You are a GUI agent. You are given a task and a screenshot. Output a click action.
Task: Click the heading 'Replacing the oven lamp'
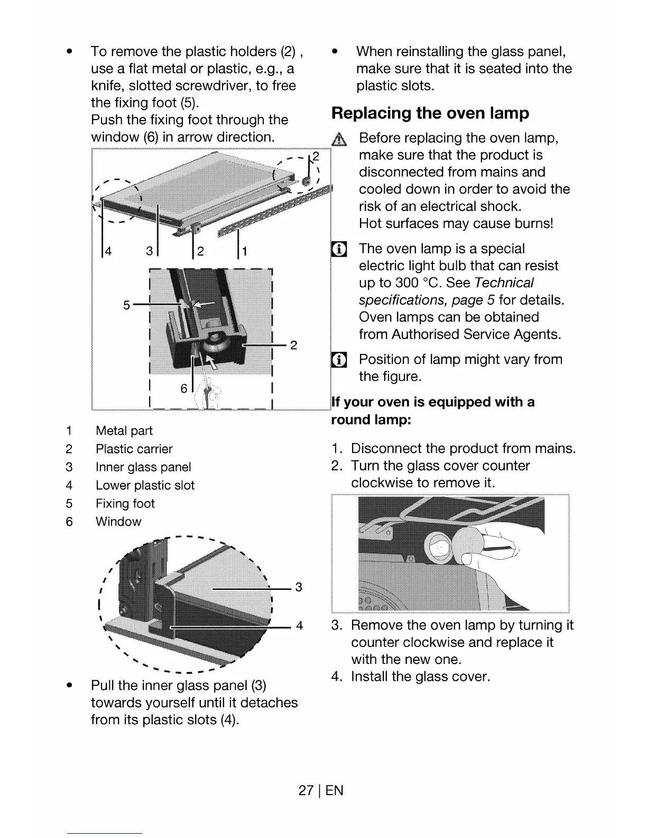tap(430, 113)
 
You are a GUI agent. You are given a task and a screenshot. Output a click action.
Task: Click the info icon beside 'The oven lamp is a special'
tap(338, 249)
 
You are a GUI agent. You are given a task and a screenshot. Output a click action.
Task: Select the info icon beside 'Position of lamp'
tap(338, 360)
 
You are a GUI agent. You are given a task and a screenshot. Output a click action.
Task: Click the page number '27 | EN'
tap(321, 790)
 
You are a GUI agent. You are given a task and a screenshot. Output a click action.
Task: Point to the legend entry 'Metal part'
tap(124, 431)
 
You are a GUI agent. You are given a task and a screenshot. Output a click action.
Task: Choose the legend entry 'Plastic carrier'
tap(134, 449)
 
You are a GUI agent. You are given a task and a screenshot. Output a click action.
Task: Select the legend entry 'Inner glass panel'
tap(143, 467)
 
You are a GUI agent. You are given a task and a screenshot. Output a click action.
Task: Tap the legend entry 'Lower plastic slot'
tap(145, 485)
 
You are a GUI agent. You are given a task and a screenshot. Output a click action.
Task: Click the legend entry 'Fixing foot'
tap(125, 504)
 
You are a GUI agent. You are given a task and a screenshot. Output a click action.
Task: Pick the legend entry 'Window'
tap(118, 522)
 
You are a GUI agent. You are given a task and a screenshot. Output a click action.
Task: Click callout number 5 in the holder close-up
tap(126, 305)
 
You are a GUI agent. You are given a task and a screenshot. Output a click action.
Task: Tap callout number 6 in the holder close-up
tap(184, 389)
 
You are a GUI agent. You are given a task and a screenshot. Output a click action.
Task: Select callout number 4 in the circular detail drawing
tap(299, 626)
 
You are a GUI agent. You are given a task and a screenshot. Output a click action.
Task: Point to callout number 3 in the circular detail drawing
tap(299, 587)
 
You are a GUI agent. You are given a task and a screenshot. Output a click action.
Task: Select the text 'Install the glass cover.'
tap(420, 677)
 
